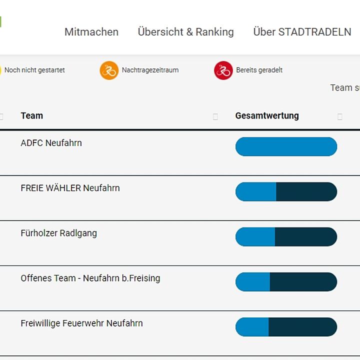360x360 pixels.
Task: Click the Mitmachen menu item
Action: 91,32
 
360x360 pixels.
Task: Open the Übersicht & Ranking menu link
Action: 185,32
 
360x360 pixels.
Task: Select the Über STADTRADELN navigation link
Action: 302,32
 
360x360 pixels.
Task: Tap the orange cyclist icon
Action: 109,70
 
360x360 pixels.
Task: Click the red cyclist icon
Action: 223,70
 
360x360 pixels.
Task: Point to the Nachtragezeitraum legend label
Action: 150,70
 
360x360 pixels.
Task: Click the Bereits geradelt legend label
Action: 259,70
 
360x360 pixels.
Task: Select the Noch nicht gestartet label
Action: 34,70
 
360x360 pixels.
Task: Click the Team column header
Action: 32,115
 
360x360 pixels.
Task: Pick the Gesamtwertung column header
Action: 267,115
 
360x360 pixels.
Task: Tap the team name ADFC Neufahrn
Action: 51,143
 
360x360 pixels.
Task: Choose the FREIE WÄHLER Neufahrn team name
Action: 70,188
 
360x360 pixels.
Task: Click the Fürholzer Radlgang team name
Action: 59,233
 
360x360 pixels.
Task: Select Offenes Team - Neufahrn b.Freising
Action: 90,278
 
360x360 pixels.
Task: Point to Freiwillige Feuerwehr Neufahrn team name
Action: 81,323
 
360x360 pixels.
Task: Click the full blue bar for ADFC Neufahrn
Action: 286,146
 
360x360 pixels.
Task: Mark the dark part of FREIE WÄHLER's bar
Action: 306,191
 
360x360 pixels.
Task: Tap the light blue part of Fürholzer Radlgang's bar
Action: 255,236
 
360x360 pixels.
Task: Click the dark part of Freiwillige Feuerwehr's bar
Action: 303,327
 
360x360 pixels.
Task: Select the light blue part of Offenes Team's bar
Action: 253,282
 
